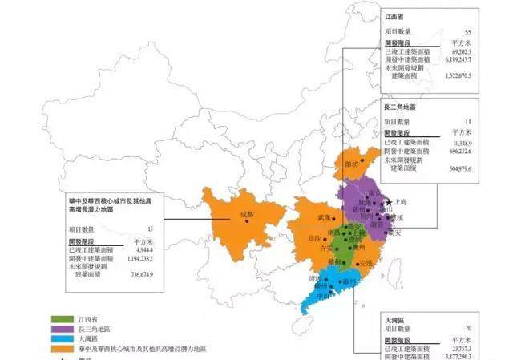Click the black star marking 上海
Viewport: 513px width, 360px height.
389,203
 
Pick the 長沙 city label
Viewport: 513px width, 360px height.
317,238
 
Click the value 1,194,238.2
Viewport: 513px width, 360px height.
135,259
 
